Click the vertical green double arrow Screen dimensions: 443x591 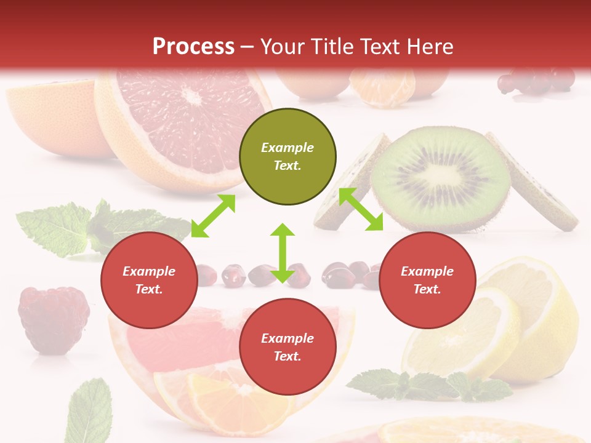click(283, 253)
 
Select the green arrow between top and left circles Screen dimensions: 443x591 click(213, 216)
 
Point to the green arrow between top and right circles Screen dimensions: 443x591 click(361, 209)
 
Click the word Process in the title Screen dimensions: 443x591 click(193, 46)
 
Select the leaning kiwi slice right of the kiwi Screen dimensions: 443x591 click(533, 185)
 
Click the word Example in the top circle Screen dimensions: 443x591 click(287, 148)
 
